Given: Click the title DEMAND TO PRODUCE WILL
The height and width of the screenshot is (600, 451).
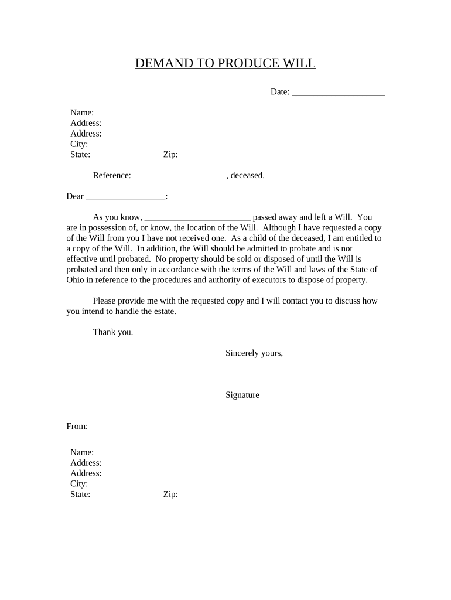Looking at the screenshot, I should (x=225, y=63).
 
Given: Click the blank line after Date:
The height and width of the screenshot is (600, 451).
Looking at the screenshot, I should (x=338, y=93).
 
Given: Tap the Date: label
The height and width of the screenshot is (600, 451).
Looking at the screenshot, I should (x=279, y=92).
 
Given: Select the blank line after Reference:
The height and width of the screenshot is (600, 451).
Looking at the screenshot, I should (x=180, y=176).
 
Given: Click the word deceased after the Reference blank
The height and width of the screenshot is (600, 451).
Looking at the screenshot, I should (x=248, y=175).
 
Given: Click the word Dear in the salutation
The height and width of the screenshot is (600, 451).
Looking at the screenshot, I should (x=75, y=196).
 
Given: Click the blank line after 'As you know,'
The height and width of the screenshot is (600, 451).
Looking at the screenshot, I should (x=197, y=218).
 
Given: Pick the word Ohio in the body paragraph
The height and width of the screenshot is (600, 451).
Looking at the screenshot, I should (x=76, y=279).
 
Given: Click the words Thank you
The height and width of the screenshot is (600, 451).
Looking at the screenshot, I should (x=113, y=332).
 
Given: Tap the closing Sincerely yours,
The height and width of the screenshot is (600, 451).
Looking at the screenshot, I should (x=254, y=353).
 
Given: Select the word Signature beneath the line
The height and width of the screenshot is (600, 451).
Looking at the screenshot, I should (x=242, y=395).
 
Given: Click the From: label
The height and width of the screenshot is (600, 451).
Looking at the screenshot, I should (x=77, y=426).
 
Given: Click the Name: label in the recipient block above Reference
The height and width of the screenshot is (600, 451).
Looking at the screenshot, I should (x=82, y=112).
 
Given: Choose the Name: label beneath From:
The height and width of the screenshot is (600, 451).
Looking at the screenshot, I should (x=82, y=452).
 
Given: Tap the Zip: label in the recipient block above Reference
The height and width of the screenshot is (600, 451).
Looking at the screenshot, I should (x=170, y=155).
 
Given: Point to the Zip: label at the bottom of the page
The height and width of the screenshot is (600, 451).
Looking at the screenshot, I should (x=170, y=495).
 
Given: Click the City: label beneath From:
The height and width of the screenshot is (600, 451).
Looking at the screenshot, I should (x=79, y=484).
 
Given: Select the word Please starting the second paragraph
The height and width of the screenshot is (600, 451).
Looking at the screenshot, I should (x=106, y=301).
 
